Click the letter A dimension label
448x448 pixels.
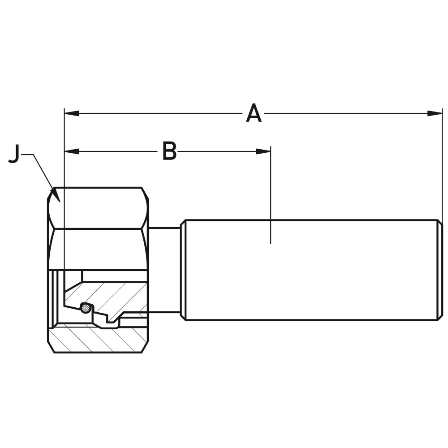[x=254, y=113]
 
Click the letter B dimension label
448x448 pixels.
[x=169, y=151]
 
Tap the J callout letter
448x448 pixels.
[x=14, y=154]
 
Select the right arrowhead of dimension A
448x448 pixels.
[x=435, y=113]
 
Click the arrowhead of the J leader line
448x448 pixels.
[x=56, y=195]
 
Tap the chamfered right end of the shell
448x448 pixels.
[x=440, y=270]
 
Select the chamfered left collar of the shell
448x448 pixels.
[x=183, y=270]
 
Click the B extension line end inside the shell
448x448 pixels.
[x=271, y=240]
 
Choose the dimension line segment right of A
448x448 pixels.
[x=345, y=113]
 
